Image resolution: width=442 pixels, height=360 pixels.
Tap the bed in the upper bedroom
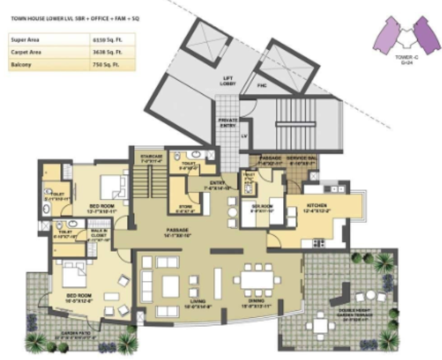[x=112, y=187]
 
